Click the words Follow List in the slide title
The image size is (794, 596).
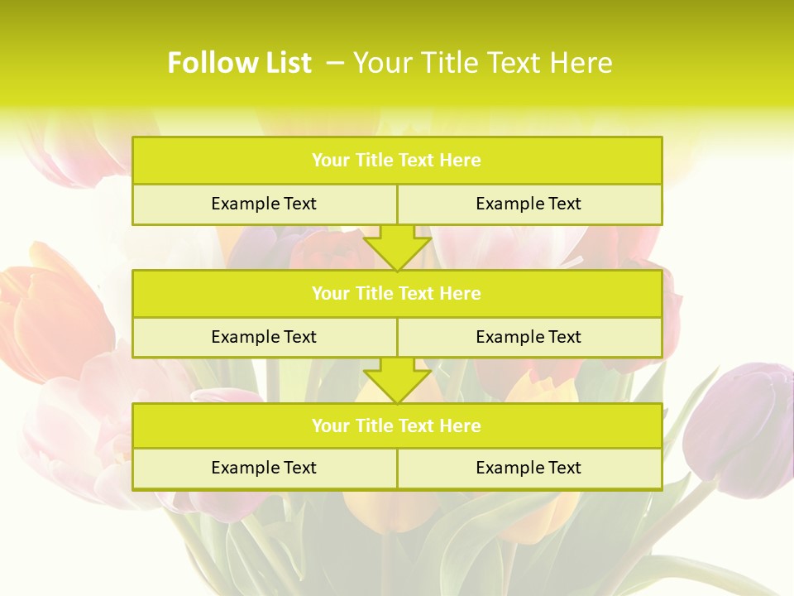click(239, 63)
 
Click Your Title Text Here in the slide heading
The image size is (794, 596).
click(482, 63)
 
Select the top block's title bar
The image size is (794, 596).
click(397, 161)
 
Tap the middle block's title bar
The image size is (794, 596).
click(397, 293)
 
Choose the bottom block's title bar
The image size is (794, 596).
click(397, 425)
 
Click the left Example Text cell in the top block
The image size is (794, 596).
click(264, 204)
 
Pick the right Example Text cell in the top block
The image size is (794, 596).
click(529, 204)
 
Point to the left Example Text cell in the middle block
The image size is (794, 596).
click(264, 337)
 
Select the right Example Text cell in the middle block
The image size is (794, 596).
click(529, 337)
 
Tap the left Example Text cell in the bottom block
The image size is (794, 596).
click(264, 468)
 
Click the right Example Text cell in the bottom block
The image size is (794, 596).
click(529, 468)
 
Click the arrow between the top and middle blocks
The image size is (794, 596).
click(397, 248)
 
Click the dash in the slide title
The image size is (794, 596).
click(335, 63)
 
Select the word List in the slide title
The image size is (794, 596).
click(285, 63)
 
